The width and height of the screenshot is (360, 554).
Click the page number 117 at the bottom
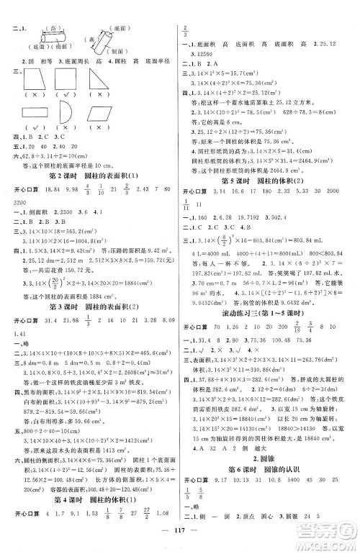tap(180, 539)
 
